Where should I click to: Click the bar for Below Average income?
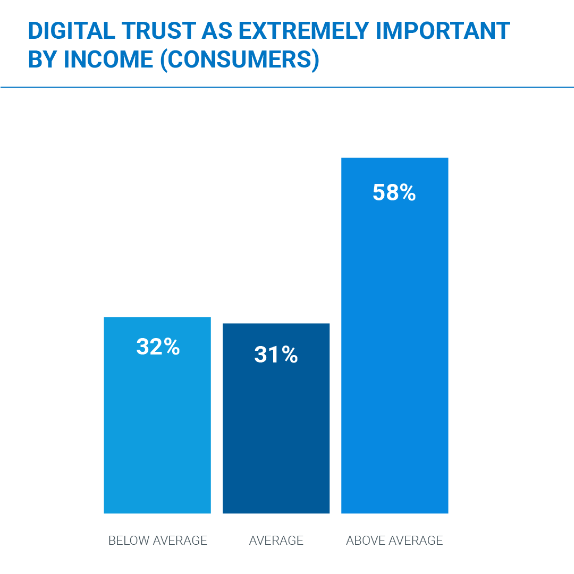pyautogui.click(x=157, y=425)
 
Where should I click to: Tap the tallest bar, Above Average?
pyautogui.click(x=395, y=345)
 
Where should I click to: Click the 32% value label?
pyautogui.click(x=158, y=347)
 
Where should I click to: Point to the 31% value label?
pyautogui.click(x=276, y=355)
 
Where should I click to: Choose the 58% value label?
pyautogui.click(x=394, y=193)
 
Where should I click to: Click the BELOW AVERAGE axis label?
pyautogui.click(x=157, y=541)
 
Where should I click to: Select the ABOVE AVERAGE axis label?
pyautogui.click(x=394, y=541)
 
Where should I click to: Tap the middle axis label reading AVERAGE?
pyautogui.click(x=276, y=541)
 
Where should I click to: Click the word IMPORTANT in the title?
pyautogui.click(x=443, y=31)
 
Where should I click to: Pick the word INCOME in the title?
pyautogui.click(x=108, y=60)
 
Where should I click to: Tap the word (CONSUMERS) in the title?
pyautogui.click(x=240, y=60)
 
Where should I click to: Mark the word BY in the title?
pyautogui.click(x=42, y=60)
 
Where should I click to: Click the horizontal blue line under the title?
pyautogui.click(x=287, y=87)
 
